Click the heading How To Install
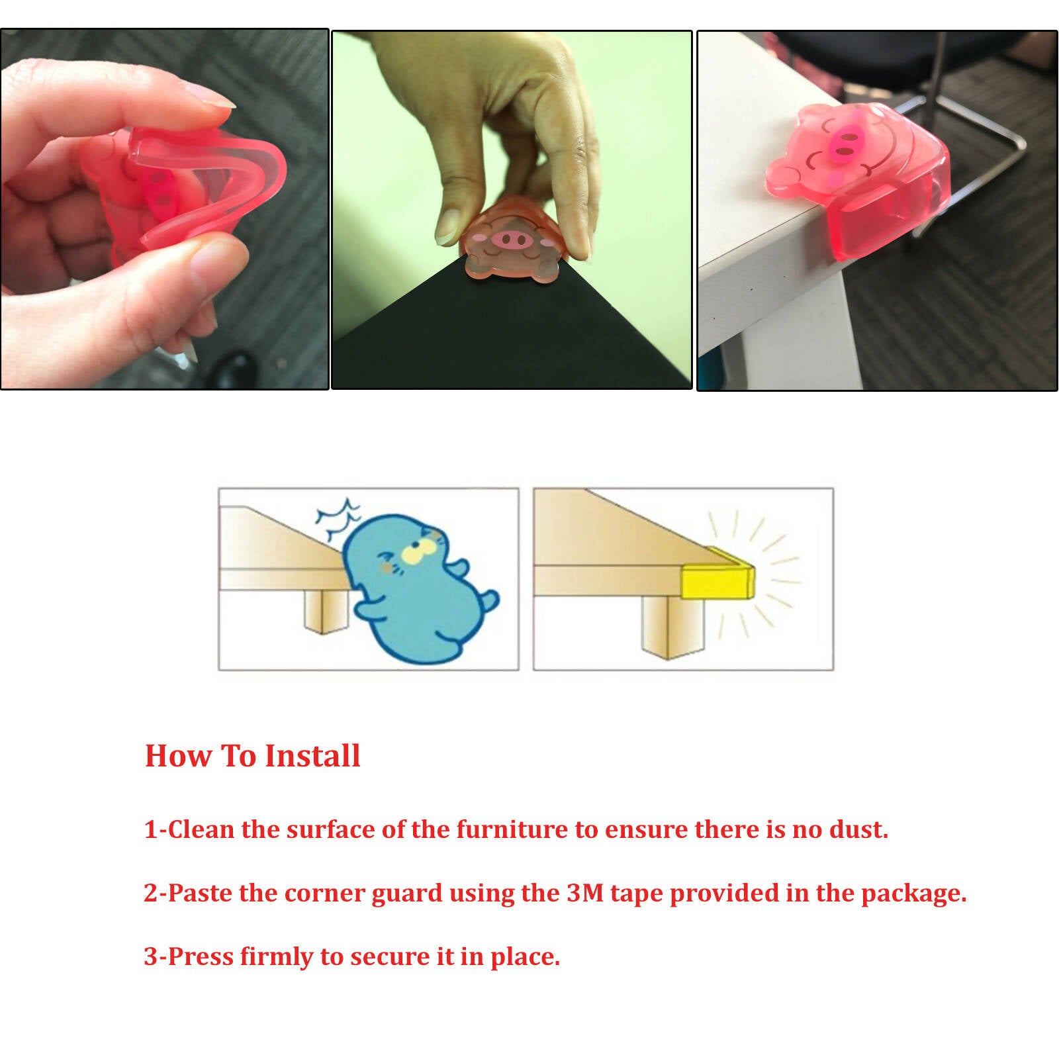[x=252, y=756]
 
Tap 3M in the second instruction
[x=585, y=893]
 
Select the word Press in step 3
[x=201, y=957]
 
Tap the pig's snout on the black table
[x=513, y=240]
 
